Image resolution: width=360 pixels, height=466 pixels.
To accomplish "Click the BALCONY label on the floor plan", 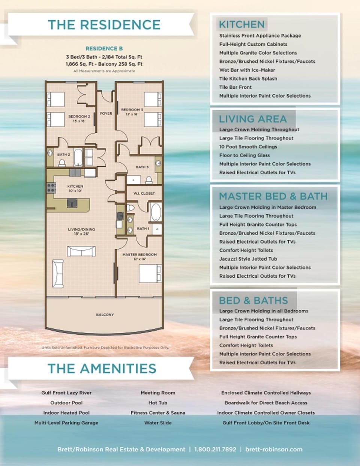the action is tap(105, 314).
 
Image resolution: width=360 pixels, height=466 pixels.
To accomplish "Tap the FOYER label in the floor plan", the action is tap(106, 113).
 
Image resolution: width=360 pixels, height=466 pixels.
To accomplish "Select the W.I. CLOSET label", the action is tap(144, 194).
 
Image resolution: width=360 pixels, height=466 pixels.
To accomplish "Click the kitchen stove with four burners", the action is tap(51, 188).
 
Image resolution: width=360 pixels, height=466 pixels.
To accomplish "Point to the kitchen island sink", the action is tap(72, 203).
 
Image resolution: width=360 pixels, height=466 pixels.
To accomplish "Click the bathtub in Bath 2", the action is tap(78, 157).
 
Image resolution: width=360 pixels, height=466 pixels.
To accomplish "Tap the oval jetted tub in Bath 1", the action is tap(156, 212).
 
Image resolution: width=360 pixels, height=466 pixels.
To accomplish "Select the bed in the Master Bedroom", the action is tap(150, 274).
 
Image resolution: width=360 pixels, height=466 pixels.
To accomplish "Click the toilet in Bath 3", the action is tap(149, 180).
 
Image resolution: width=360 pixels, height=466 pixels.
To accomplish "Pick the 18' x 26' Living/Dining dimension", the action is tap(81, 234).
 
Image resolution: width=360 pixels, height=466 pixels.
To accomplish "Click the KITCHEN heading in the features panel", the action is tap(242, 24).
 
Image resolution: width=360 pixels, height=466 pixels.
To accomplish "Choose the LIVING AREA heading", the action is tap(253, 119).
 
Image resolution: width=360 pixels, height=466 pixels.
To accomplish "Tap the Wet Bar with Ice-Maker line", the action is tap(247, 70).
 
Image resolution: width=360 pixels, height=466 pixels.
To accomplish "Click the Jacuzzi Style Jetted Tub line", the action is tap(248, 259).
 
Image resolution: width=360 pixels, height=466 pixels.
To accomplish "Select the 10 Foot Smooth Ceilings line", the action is tap(248, 147).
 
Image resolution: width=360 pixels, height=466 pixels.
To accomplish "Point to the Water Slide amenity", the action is tap(158, 423).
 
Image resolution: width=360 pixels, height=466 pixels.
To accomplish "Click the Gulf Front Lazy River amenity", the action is tap(66, 393).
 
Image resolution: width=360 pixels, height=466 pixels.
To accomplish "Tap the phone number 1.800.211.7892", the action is tap(215, 449).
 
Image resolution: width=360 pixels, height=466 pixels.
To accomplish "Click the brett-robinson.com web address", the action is tap(274, 449).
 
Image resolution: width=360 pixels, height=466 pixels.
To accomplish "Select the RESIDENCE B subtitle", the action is tap(104, 49).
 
